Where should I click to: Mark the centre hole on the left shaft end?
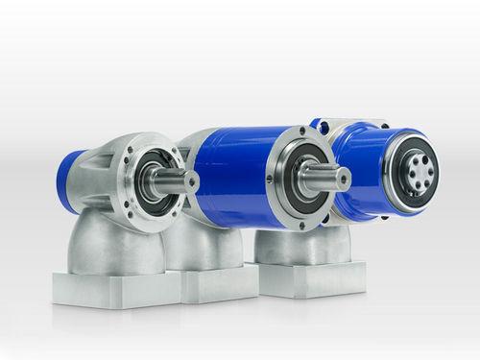point(191,180)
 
